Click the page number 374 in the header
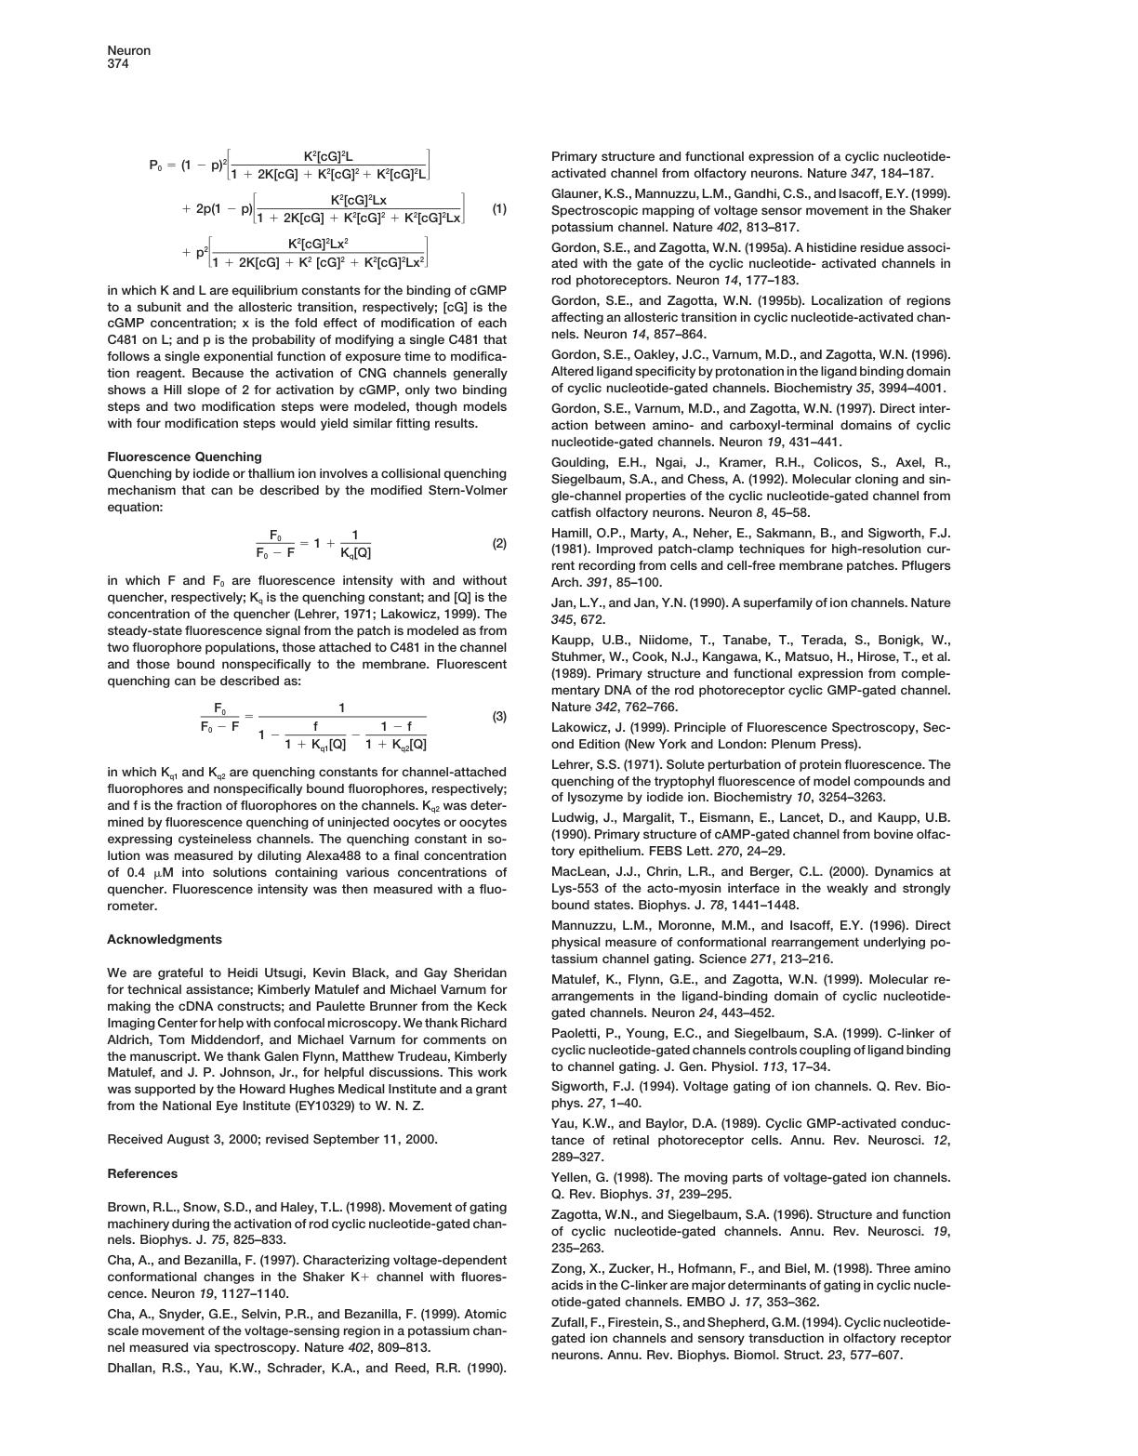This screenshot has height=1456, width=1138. pos(118,64)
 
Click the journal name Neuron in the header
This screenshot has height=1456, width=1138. pos(128,50)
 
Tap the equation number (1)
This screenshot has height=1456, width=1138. pos(499,209)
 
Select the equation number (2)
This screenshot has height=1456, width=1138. pos(499,543)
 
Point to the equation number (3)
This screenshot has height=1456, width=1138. pos(499,717)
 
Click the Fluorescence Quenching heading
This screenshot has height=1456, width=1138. pos(184,457)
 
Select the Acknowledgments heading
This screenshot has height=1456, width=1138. pos(164,939)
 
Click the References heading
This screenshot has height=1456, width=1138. pos(142,1173)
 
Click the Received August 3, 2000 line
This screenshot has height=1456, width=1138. pos(272,1139)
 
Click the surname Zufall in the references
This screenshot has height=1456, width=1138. pos(570,1322)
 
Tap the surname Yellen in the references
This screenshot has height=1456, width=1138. pos(572,1177)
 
